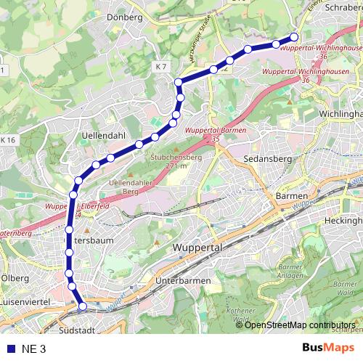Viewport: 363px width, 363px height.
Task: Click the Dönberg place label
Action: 124,17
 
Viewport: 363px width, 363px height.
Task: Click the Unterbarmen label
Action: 183,280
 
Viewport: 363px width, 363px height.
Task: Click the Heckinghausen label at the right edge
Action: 343,220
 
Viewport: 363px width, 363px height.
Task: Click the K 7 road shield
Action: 161,67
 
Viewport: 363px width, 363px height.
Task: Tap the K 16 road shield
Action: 8,139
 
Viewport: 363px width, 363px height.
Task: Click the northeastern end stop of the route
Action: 294,37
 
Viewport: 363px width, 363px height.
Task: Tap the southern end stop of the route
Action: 82,306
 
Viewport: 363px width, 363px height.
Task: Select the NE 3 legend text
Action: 33,348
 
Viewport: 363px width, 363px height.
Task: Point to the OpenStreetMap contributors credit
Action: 299,325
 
